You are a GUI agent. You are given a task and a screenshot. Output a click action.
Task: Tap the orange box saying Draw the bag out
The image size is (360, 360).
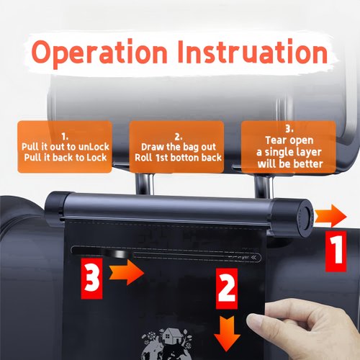point(176,146)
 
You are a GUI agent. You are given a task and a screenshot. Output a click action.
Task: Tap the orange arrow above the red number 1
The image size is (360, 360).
point(331,215)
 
